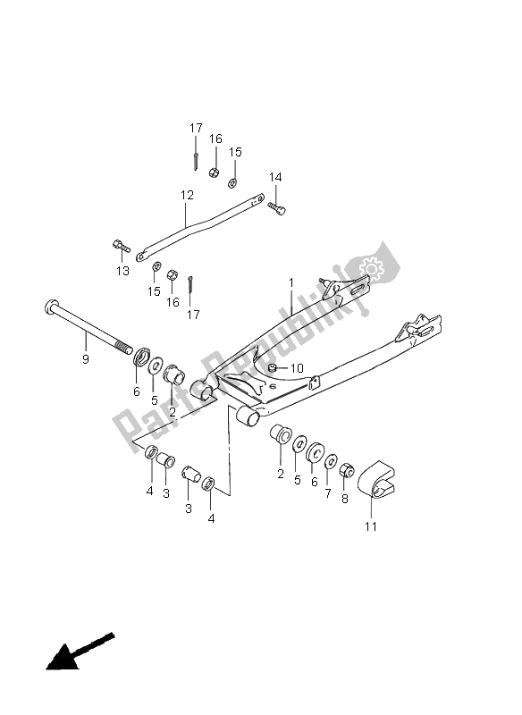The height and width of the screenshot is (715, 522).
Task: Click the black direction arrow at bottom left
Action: tap(80, 652)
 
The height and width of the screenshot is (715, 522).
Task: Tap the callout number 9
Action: tap(86, 359)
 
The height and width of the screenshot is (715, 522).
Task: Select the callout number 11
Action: tap(371, 526)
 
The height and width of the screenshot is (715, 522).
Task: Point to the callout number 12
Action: tap(187, 195)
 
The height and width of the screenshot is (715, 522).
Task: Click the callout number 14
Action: tap(275, 177)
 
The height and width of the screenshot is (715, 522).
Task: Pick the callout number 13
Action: tap(122, 271)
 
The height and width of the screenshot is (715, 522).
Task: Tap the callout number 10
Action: tap(297, 368)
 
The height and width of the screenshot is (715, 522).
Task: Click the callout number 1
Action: tap(291, 282)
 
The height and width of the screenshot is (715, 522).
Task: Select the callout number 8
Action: tap(345, 499)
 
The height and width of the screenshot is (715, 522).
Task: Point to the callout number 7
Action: tap(328, 492)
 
